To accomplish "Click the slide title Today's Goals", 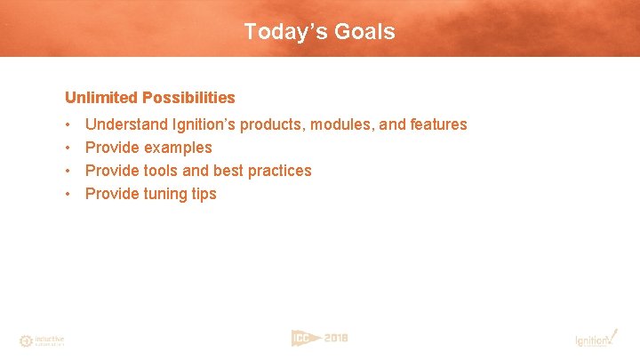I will pos(319,32).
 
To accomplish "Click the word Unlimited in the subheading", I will pos(100,97).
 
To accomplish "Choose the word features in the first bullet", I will pos(437,124).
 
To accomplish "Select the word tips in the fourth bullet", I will pos(204,194).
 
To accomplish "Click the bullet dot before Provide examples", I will pos(68,148).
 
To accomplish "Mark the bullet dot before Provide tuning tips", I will pos(68,194).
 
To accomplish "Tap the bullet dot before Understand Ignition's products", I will pos(68,124).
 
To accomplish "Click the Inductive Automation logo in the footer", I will pos(42,340).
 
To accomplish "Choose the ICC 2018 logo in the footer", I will pos(319,338).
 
